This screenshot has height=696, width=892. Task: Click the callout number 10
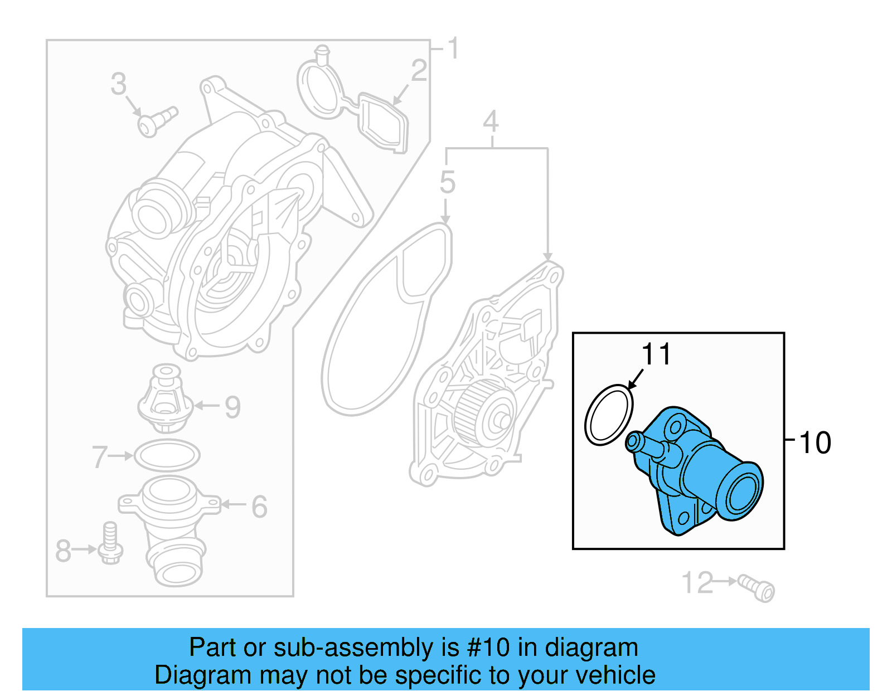tap(815, 443)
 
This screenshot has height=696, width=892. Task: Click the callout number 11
tap(656, 354)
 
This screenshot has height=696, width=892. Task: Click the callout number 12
tap(697, 583)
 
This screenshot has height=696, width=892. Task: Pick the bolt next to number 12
tap(757, 588)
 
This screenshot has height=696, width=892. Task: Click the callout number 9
tap(232, 407)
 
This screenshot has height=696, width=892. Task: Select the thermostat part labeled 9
tap(165, 398)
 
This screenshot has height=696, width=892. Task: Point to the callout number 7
tap(99, 457)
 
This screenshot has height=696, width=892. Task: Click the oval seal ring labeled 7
tap(167, 456)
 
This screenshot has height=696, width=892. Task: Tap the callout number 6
tap(259, 507)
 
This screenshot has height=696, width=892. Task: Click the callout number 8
tap(63, 551)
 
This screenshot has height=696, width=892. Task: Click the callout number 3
tap(118, 84)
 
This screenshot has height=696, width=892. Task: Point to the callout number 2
tap(419, 71)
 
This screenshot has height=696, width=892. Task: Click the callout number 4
tap(491, 121)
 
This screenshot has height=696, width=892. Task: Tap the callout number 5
tap(447, 182)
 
